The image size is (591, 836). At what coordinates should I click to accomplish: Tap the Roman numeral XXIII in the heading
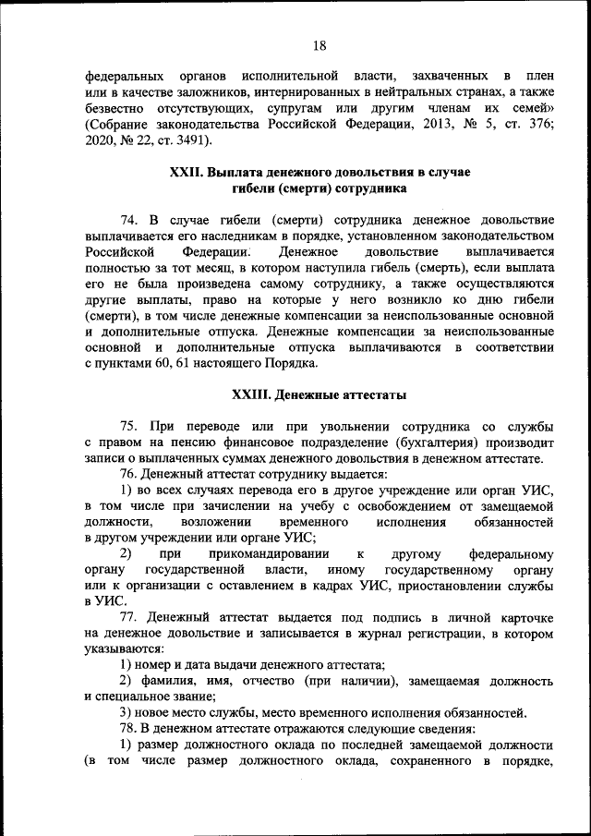coord(250,395)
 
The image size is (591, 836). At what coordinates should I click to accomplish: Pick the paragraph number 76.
coord(131,474)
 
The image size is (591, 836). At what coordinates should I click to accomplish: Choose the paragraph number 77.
coord(131,616)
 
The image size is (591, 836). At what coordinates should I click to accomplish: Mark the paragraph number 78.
coord(131,727)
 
